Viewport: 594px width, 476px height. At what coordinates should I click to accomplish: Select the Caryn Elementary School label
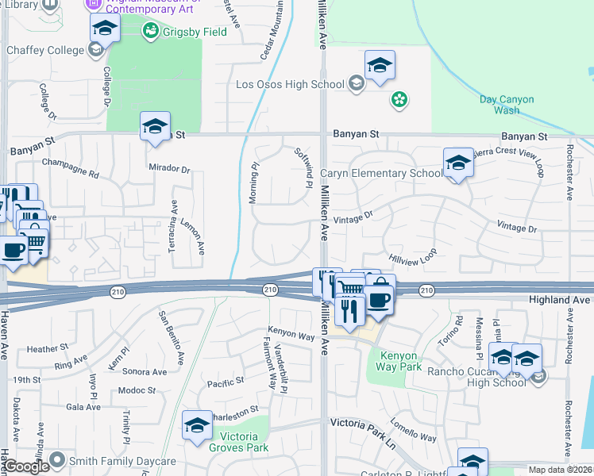click(x=381, y=174)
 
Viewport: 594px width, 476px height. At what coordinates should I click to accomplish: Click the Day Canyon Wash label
click(x=507, y=105)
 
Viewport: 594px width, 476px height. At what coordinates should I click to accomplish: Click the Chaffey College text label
click(x=44, y=50)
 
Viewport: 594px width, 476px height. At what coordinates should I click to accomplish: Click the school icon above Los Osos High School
click(x=380, y=65)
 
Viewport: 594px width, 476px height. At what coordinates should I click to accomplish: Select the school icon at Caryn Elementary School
click(x=458, y=163)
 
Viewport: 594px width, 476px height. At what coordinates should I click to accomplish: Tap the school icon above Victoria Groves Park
click(x=197, y=425)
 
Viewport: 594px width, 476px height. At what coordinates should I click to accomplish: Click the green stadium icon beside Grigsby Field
click(x=148, y=32)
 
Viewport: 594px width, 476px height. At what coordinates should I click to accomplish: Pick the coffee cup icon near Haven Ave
click(x=13, y=250)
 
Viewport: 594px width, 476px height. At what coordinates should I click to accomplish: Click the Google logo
click(x=25, y=466)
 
